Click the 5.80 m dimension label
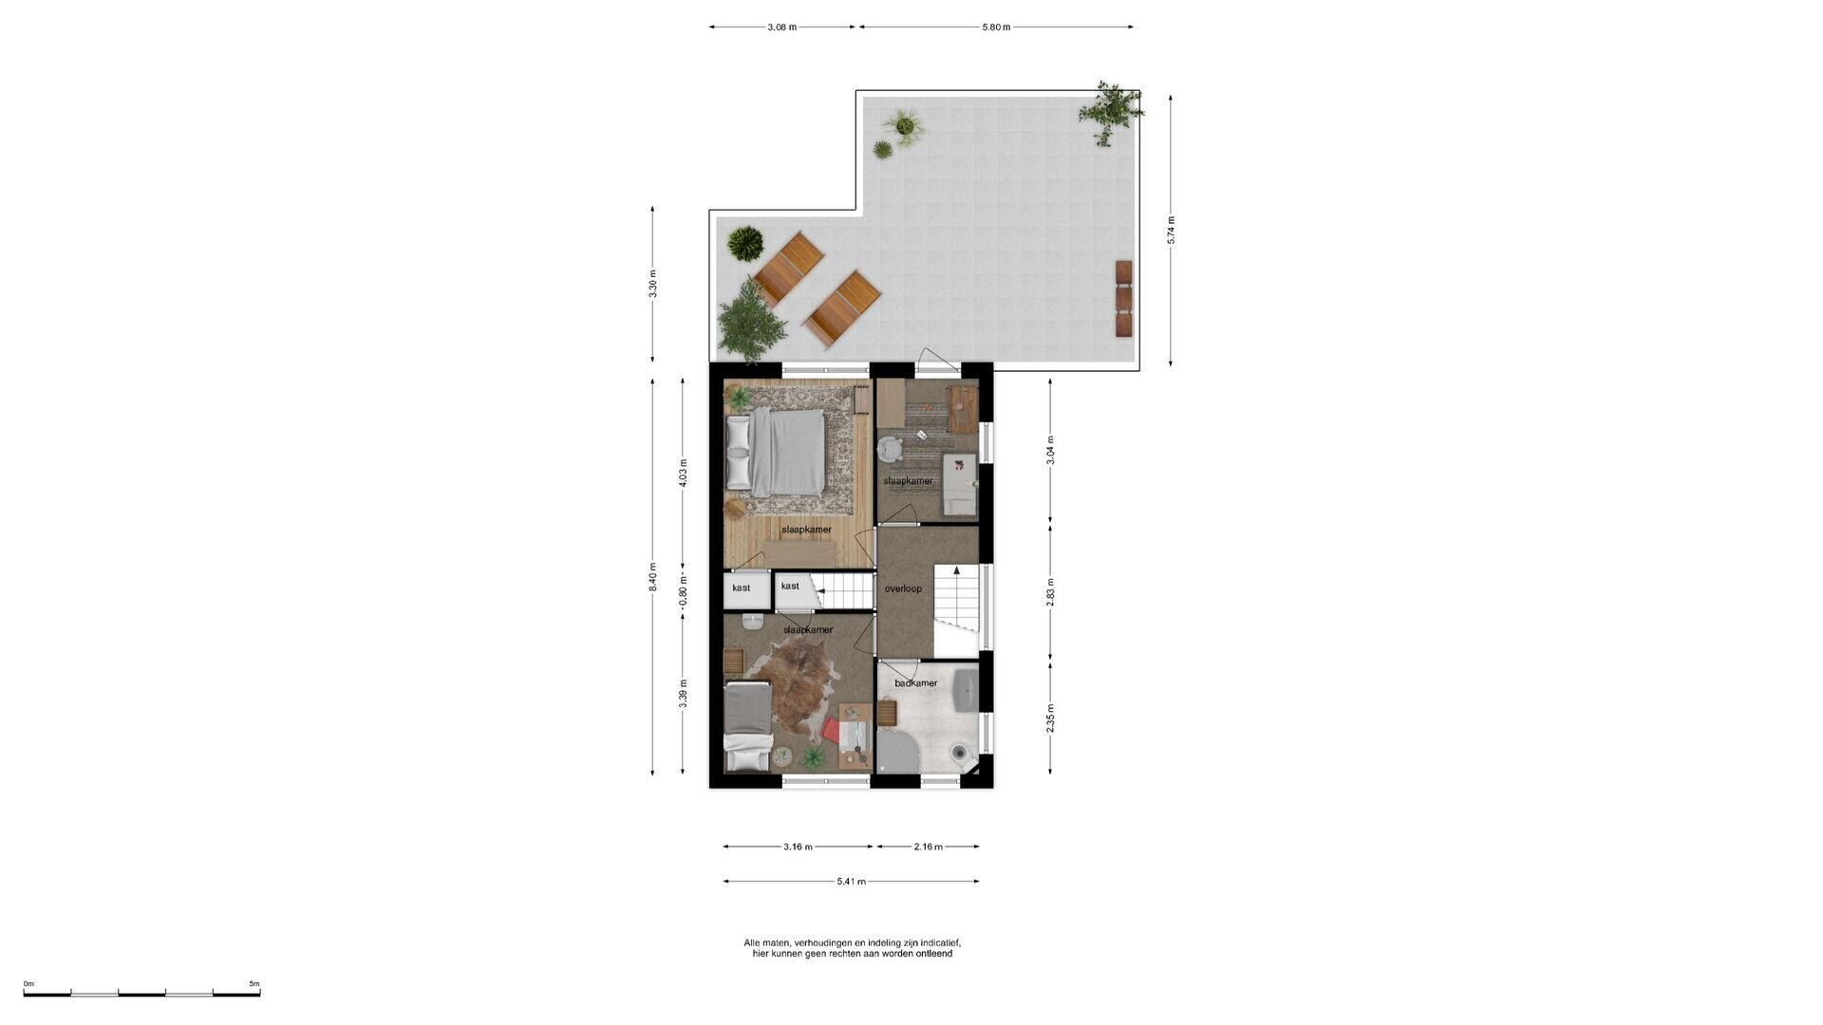point(996,27)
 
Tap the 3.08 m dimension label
point(782,27)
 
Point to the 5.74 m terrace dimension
point(1171,231)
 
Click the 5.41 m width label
point(851,882)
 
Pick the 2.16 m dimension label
point(928,847)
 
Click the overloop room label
point(903,588)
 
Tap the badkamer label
point(916,683)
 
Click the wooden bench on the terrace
point(1124,298)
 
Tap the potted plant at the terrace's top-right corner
point(1109,112)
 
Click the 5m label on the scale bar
point(254,984)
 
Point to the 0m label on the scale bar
point(28,984)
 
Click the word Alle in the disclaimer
point(752,942)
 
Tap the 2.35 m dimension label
point(1050,718)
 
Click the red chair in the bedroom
point(832,731)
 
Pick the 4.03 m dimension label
point(683,473)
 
